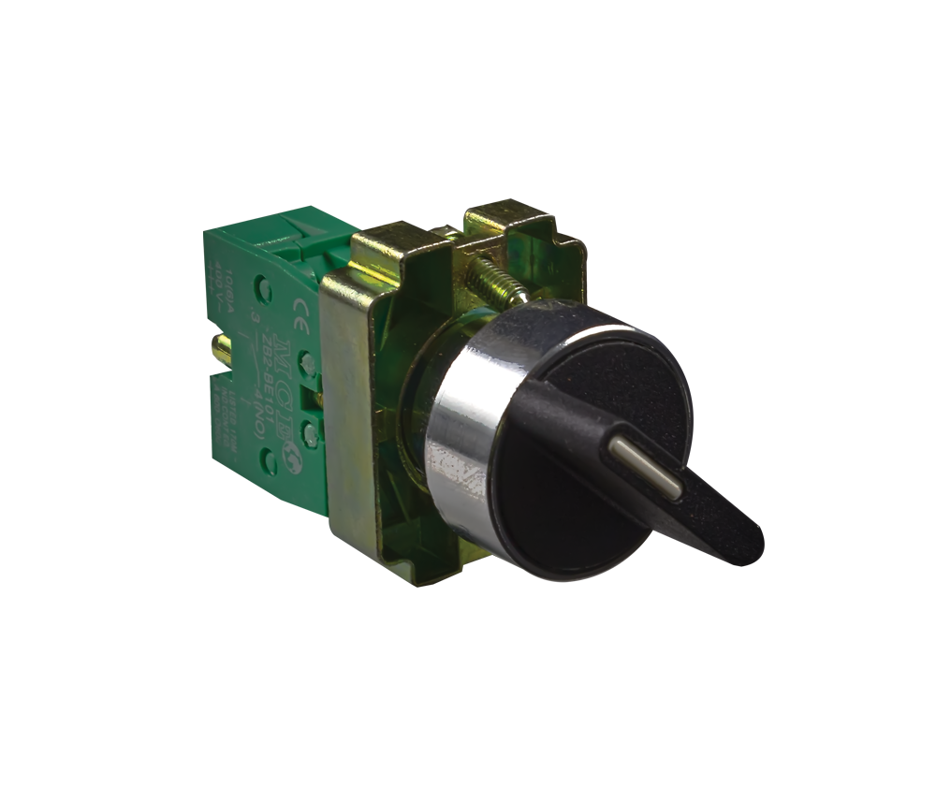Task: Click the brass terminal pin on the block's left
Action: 222,350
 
